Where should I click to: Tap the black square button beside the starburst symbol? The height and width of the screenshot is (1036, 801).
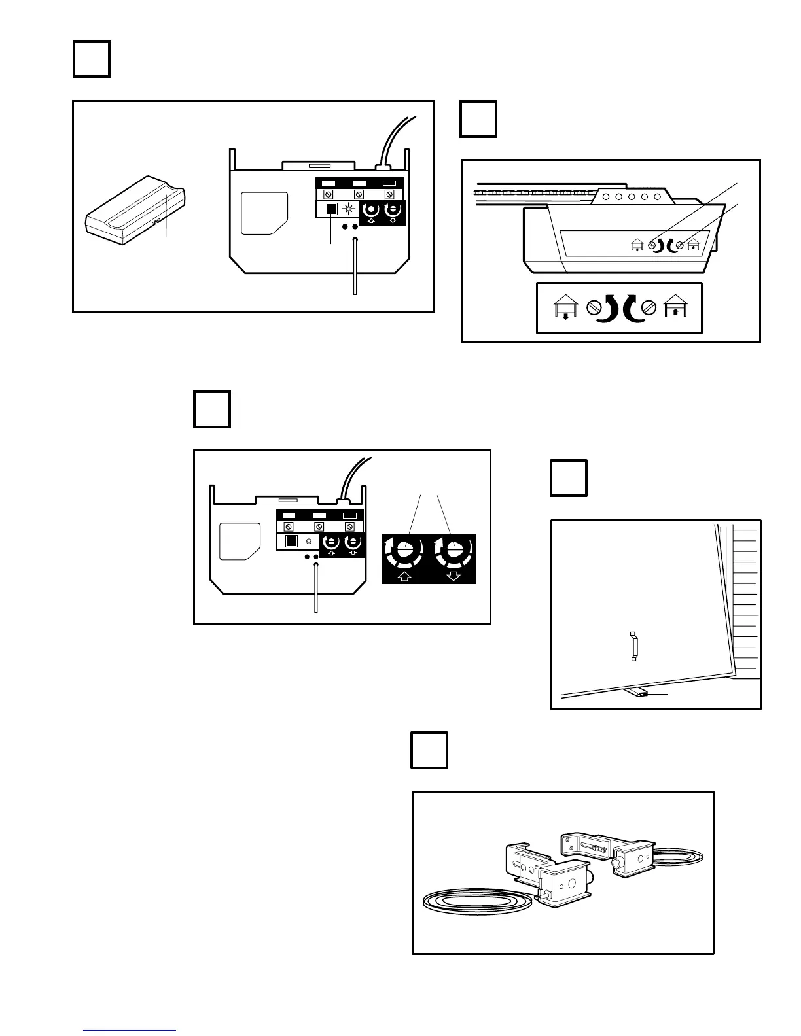[331, 209]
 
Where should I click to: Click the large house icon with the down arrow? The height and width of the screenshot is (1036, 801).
[565, 308]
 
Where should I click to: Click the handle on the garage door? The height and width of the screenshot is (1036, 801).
[633, 646]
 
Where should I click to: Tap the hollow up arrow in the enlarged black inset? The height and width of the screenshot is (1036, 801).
[404, 576]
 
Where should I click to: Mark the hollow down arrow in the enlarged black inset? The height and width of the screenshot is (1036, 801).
[452, 576]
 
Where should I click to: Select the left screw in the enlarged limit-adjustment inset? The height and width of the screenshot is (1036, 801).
[595, 307]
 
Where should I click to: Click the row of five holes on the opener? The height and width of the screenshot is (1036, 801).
[632, 197]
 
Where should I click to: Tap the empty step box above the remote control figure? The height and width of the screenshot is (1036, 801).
[91, 59]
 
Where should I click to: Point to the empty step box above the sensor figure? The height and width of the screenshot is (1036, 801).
[429, 750]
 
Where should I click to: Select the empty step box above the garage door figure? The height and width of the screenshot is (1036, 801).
[568, 478]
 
